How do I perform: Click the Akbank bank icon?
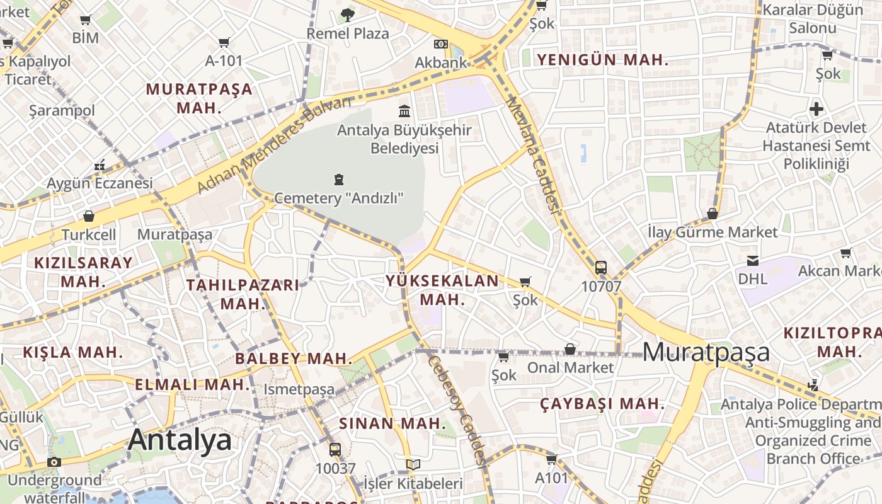pos(441,44)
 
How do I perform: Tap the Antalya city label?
pos(180,440)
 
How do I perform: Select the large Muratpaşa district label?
pos(706,352)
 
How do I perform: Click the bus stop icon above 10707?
pos(600,268)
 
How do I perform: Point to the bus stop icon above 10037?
pos(335,450)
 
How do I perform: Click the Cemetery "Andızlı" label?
pos(339,198)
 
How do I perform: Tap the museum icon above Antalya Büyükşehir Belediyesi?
pos(404,112)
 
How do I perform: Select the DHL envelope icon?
pos(752,261)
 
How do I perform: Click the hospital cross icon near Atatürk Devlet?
pos(816,109)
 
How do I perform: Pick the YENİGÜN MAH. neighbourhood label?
pos(602,60)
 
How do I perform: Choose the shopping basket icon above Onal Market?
pos(570,349)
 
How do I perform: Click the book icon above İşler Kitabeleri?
pos(413,465)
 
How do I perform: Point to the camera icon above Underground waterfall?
pos(54,462)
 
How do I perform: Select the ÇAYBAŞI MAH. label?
pos(602,404)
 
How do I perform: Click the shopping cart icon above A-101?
pos(224,42)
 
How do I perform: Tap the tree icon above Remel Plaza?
pos(347,15)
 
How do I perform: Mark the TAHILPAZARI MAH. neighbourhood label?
pos(242,294)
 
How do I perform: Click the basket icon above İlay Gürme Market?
pos(712,214)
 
